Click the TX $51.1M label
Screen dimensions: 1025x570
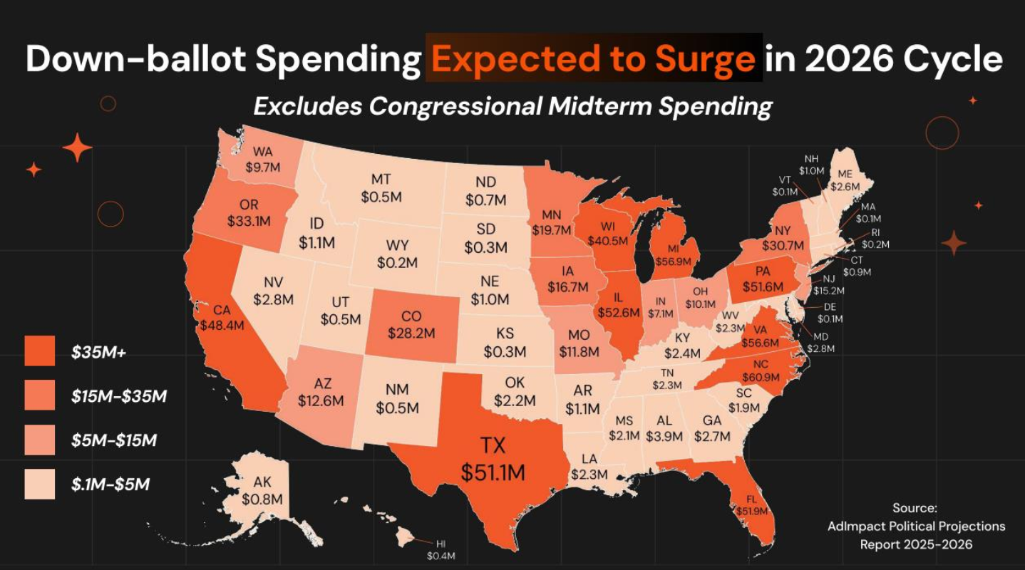pyautogui.click(x=493, y=459)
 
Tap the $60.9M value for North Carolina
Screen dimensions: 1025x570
pyautogui.click(x=761, y=378)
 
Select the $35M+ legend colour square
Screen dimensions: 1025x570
pyautogui.click(x=40, y=351)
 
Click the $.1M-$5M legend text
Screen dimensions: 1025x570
pyautogui.click(x=110, y=484)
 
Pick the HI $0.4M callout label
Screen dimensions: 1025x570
pyautogui.click(x=441, y=549)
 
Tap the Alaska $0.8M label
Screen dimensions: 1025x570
pyautogui.click(x=262, y=490)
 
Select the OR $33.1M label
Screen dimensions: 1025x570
pyautogui.click(x=249, y=213)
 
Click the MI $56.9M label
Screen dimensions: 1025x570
pyautogui.click(x=673, y=255)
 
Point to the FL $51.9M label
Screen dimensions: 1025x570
pyautogui.click(x=752, y=505)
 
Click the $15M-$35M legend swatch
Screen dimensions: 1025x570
pyautogui.click(x=40, y=395)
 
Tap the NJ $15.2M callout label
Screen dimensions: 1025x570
pyautogui.click(x=829, y=284)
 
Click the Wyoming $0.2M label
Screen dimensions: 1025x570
pyautogui.click(x=397, y=254)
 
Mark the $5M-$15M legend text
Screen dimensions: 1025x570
pyautogui.click(x=114, y=440)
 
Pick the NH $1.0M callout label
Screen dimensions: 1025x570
pyautogui.click(x=811, y=165)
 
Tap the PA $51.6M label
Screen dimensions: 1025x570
pyautogui.click(x=763, y=279)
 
